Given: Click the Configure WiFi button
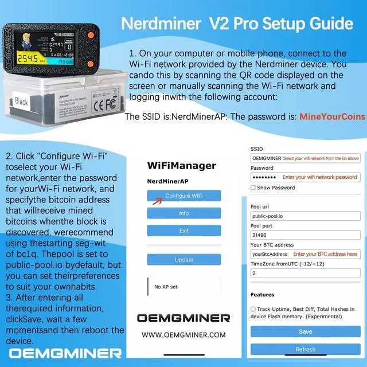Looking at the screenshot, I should coord(183,196).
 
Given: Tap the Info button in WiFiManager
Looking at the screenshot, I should coord(183,213).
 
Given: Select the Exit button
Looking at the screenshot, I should coord(183,231).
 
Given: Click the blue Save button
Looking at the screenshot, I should coord(305,331).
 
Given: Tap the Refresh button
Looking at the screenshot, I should coord(305,349).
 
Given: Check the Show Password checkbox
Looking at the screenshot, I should coord(253,188).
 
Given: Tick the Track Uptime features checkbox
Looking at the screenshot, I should coord(253,309).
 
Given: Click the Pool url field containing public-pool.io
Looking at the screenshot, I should coord(305,216).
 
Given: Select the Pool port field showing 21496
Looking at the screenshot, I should coord(305,235).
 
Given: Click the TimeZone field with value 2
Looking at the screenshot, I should coord(305,274).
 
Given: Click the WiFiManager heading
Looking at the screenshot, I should coord(181,166).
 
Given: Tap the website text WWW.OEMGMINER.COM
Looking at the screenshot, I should coord(183,335).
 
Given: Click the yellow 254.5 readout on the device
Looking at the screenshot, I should coord(28,58).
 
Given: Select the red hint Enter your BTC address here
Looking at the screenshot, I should coord(325,254).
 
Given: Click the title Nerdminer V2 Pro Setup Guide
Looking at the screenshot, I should coord(237,24).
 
